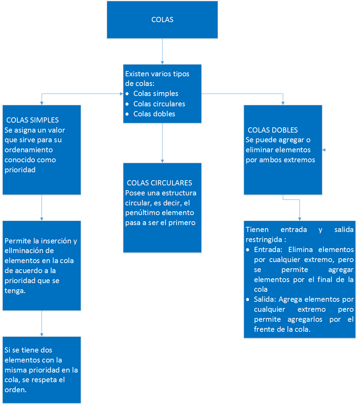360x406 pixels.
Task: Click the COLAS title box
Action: pos(162,20)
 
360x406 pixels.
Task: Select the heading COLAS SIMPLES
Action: pos(32,120)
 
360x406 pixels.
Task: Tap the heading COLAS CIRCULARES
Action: pos(159,183)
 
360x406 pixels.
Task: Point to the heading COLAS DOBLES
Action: pos(273,130)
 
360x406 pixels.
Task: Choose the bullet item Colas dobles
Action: pos(154,114)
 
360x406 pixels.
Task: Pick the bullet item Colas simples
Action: pos(156,94)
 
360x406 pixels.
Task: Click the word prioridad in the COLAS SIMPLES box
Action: pos(20,170)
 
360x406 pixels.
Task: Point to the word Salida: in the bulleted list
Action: pos(265,299)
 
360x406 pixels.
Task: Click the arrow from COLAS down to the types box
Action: pos(162,51)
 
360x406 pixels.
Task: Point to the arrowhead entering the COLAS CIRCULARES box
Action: pos(162,161)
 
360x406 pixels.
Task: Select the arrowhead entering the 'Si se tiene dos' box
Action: pos(42,335)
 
